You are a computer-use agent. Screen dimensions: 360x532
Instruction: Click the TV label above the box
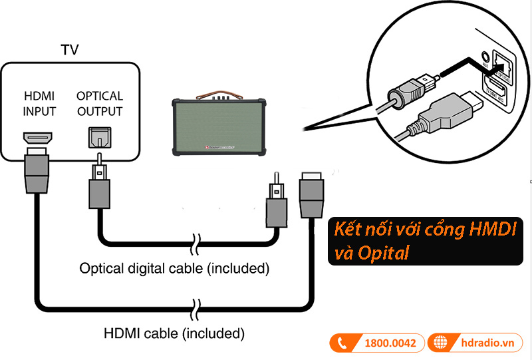pyautogui.click(x=69, y=50)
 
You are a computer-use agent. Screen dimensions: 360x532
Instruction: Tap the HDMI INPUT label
pyautogui.click(x=39, y=103)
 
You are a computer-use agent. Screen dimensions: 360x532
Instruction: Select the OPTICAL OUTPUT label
pyautogui.click(x=100, y=103)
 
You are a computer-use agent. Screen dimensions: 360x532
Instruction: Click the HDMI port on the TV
pyautogui.click(x=38, y=139)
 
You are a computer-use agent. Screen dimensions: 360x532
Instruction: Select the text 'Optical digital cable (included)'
pyautogui.click(x=174, y=269)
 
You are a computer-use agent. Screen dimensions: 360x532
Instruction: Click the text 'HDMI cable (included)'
pyautogui.click(x=174, y=331)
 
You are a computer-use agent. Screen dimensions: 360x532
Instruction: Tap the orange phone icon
pyautogui.click(x=342, y=343)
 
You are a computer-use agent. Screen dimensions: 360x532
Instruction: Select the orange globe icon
pyautogui.click(x=439, y=343)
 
